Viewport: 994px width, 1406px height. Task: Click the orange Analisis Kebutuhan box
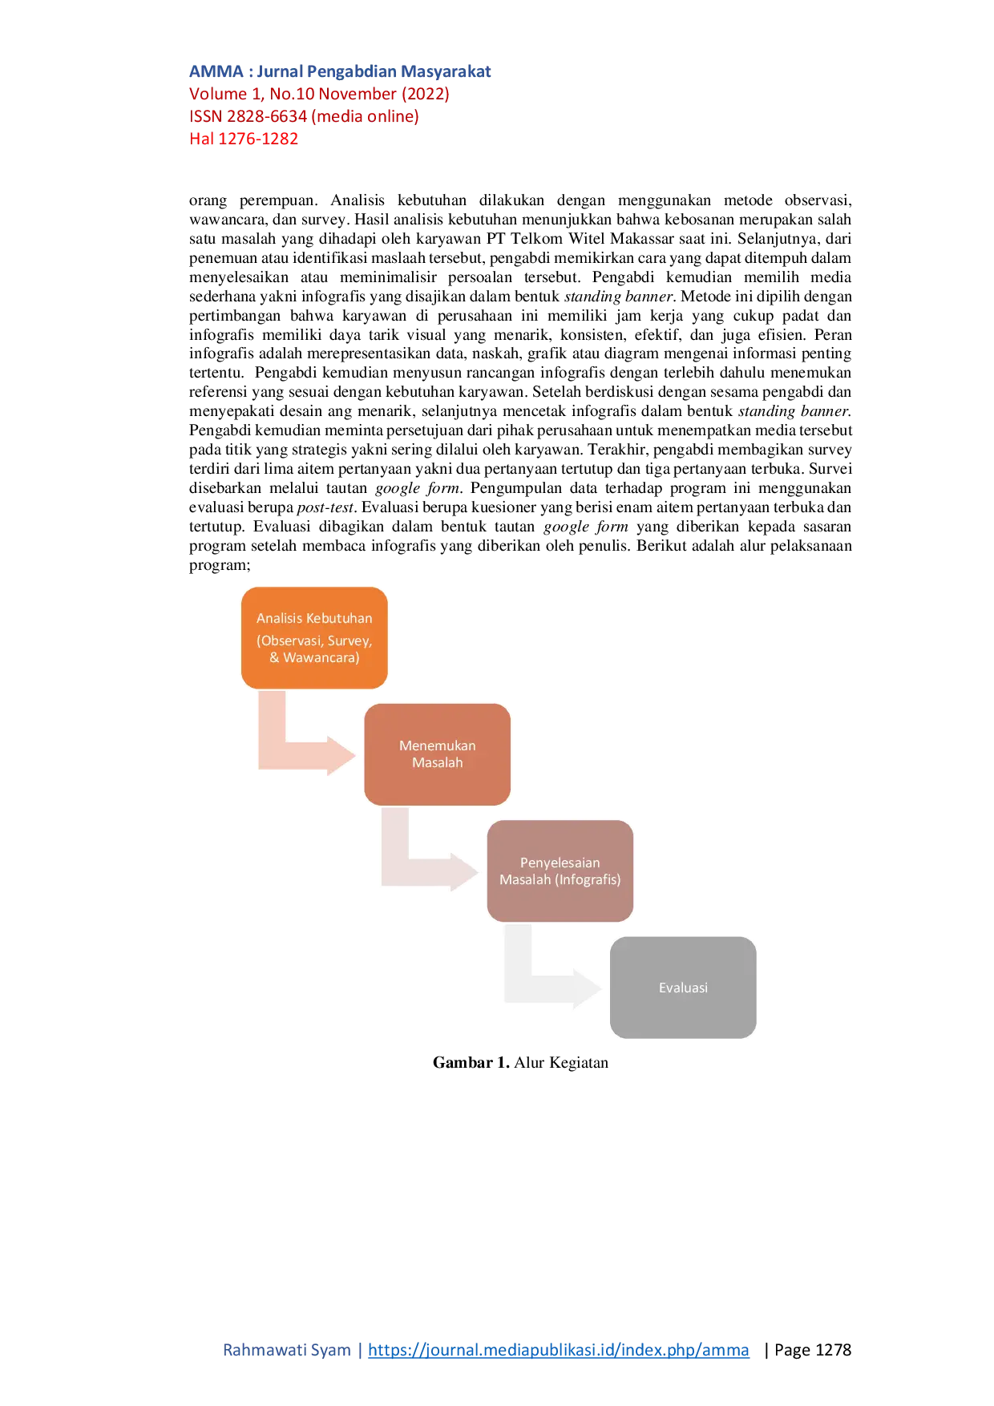(x=314, y=638)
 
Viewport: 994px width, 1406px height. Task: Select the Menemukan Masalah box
(x=437, y=754)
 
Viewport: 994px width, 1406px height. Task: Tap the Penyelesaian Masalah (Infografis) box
(x=560, y=871)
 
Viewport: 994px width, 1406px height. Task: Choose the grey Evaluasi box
(x=683, y=988)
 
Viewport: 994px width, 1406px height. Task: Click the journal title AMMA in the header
(x=216, y=71)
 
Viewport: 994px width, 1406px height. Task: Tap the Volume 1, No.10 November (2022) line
(x=319, y=94)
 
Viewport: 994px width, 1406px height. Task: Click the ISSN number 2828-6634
(x=267, y=116)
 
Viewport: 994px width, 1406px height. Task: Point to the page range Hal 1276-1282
(x=244, y=139)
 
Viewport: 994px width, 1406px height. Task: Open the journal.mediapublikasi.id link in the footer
(x=559, y=1350)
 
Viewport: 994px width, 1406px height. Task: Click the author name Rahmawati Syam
(x=287, y=1350)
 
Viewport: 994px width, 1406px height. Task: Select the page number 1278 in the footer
(x=833, y=1350)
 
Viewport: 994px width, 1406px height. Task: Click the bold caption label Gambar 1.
(x=471, y=1063)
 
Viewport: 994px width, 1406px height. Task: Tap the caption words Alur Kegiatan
(x=561, y=1063)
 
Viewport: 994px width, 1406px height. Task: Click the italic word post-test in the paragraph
(x=325, y=507)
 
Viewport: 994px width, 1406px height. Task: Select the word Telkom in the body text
(x=536, y=239)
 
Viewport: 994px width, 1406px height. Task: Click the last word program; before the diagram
(x=220, y=566)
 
